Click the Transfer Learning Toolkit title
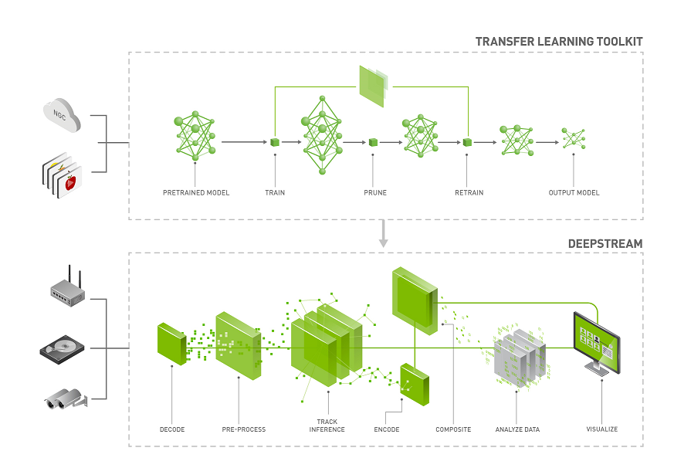(559, 41)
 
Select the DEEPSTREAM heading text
(605, 243)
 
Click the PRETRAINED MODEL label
(195, 192)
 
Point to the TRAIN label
(275, 192)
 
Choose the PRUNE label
(375, 192)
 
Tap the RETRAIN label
(469, 192)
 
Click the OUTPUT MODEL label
(574, 192)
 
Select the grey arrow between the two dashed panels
(383, 234)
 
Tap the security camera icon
(65, 398)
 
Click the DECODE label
(172, 429)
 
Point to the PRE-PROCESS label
(244, 429)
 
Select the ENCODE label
(387, 429)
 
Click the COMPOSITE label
(453, 429)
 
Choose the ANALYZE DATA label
(517, 429)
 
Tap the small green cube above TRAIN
(274, 142)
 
